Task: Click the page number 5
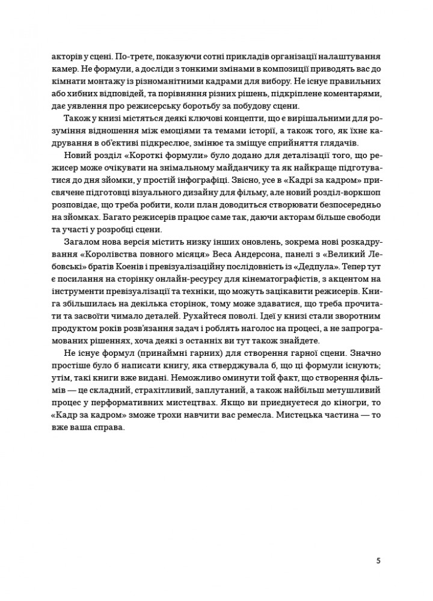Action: (378, 561)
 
